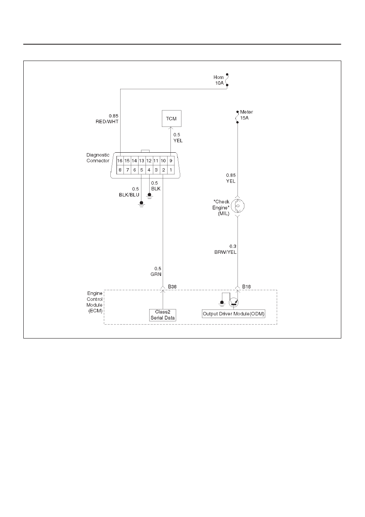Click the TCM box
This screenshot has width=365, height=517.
[171, 118]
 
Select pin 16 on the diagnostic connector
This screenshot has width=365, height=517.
[120, 160]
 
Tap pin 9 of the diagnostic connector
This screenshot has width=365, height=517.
[171, 160]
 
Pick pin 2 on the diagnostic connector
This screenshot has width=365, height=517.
[163, 170]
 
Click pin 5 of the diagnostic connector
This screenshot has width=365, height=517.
[142, 170]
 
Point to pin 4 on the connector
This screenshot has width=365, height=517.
[149, 170]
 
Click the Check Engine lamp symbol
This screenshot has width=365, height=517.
[237, 205]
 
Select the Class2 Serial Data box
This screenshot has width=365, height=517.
[163, 315]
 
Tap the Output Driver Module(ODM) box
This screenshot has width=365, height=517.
[233, 314]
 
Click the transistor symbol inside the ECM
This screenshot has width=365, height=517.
[234, 303]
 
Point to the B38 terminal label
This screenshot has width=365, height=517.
[172, 287]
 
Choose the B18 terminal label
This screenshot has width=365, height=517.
[246, 287]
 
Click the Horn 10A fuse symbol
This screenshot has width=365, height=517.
[227, 80]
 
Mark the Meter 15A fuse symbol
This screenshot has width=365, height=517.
[237, 117]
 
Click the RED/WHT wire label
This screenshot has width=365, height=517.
[107, 122]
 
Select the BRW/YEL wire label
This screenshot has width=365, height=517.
[225, 252]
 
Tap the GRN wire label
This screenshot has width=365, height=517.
[156, 274]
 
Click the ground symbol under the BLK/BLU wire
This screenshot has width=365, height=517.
[141, 204]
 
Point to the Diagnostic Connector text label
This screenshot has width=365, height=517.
[98, 158]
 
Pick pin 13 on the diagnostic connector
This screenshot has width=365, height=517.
[142, 160]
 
